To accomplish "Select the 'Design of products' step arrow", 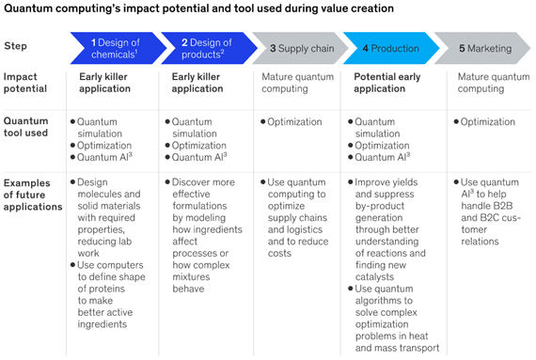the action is click(x=209, y=48).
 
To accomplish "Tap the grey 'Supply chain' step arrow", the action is click(x=300, y=48).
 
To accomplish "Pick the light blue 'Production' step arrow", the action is click(x=391, y=48).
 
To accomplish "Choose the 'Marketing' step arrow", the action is click(x=482, y=48).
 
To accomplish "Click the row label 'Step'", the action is click(x=15, y=46).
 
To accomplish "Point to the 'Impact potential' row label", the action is click(x=25, y=83).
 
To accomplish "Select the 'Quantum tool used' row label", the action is click(x=25, y=127).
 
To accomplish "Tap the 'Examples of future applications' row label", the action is click(x=33, y=195).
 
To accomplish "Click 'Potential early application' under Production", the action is click(x=387, y=83).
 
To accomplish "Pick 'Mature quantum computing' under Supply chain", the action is click(x=298, y=83).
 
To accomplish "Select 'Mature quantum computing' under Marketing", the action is click(x=494, y=83).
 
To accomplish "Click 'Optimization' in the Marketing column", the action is click(x=487, y=122).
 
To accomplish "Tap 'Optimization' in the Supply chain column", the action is click(x=294, y=122).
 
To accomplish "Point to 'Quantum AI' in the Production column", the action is click(x=382, y=157).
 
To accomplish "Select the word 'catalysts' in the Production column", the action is click(x=374, y=276).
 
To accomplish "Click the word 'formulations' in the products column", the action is click(x=199, y=206).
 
